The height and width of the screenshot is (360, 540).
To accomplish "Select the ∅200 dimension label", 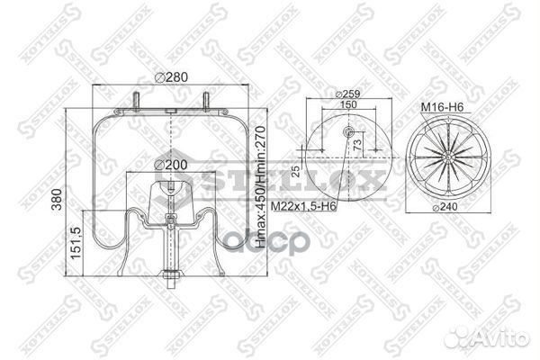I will click(x=170, y=166).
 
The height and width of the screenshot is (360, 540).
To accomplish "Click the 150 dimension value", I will click(x=346, y=105).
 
